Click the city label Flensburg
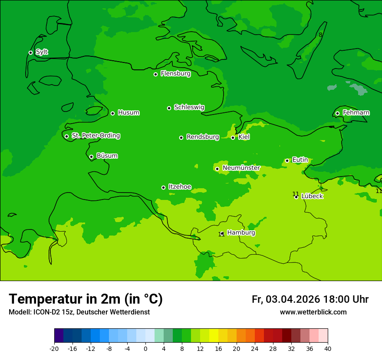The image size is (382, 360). (x=175, y=74)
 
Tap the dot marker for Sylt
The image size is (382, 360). (x=30, y=52)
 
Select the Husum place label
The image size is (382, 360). (x=128, y=113)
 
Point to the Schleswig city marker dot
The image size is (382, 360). (x=169, y=108)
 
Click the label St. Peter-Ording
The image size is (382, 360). (x=95, y=136)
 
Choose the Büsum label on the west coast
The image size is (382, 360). (x=107, y=156)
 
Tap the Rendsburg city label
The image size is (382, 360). (x=203, y=137)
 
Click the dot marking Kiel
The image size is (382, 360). (x=233, y=137)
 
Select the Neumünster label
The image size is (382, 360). (x=241, y=168)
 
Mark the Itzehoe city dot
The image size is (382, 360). (x=163, y=187)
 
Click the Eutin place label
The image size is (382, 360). (x=300, y=160)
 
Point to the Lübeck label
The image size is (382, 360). (x=312, y=196)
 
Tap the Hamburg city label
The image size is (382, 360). (x=241, y=233)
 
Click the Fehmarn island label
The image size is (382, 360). (x=356, y=113)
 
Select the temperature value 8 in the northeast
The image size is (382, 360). (x=320, y=35)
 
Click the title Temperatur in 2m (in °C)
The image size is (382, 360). (x=86, y=299)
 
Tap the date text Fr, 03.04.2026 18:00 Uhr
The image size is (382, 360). (x=310, y=299)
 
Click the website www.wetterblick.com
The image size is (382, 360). (x=313, y=312)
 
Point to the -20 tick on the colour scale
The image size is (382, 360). (x=54, y=349)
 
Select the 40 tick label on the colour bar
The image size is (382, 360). (x=328, y=349)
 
